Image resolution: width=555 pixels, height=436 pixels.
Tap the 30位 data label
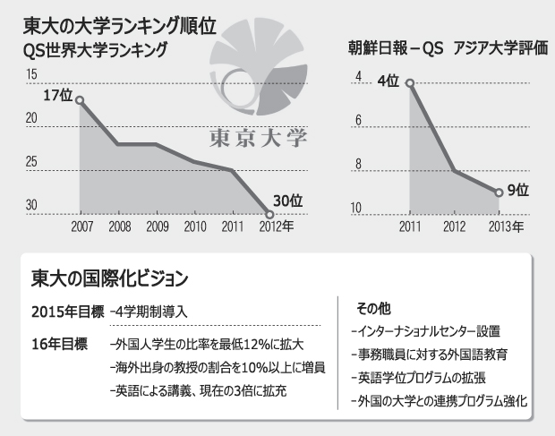286,200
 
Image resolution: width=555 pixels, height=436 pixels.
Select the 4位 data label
388,81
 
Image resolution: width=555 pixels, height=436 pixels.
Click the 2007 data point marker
80,99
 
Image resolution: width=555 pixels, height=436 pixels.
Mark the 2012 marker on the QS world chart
269,213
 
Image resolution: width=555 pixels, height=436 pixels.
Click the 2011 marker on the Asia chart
410,83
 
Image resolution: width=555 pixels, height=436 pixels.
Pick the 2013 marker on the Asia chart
499,192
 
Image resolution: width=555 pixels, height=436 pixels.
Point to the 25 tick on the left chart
32,162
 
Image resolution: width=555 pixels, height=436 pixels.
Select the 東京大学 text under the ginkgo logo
257,139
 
